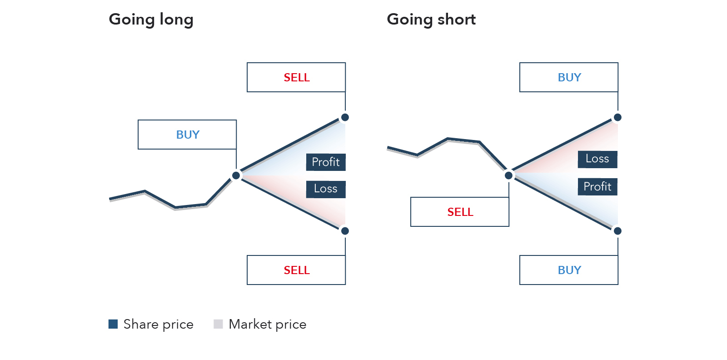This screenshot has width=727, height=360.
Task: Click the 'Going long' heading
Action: [151, 20]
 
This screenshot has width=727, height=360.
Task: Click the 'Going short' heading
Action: [431, 20]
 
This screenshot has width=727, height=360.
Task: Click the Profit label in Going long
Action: [326, 162]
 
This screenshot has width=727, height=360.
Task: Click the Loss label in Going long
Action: [326, 189]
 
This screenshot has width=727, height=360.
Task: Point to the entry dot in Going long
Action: [236, 175]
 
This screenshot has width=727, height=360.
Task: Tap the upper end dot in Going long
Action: [345, 117]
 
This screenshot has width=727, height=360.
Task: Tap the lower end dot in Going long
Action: [345, 231]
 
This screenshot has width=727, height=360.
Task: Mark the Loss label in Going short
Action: [598, 160]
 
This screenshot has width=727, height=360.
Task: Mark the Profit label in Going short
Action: [598, 187]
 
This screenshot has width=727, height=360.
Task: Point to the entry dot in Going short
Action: [508, 175]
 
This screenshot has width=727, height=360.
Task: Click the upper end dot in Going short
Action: [617, 117]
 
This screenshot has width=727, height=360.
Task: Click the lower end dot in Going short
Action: [617, 231]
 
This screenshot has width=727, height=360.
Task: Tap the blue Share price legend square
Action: [113, 324]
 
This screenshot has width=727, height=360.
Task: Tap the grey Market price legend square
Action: [218, 324]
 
